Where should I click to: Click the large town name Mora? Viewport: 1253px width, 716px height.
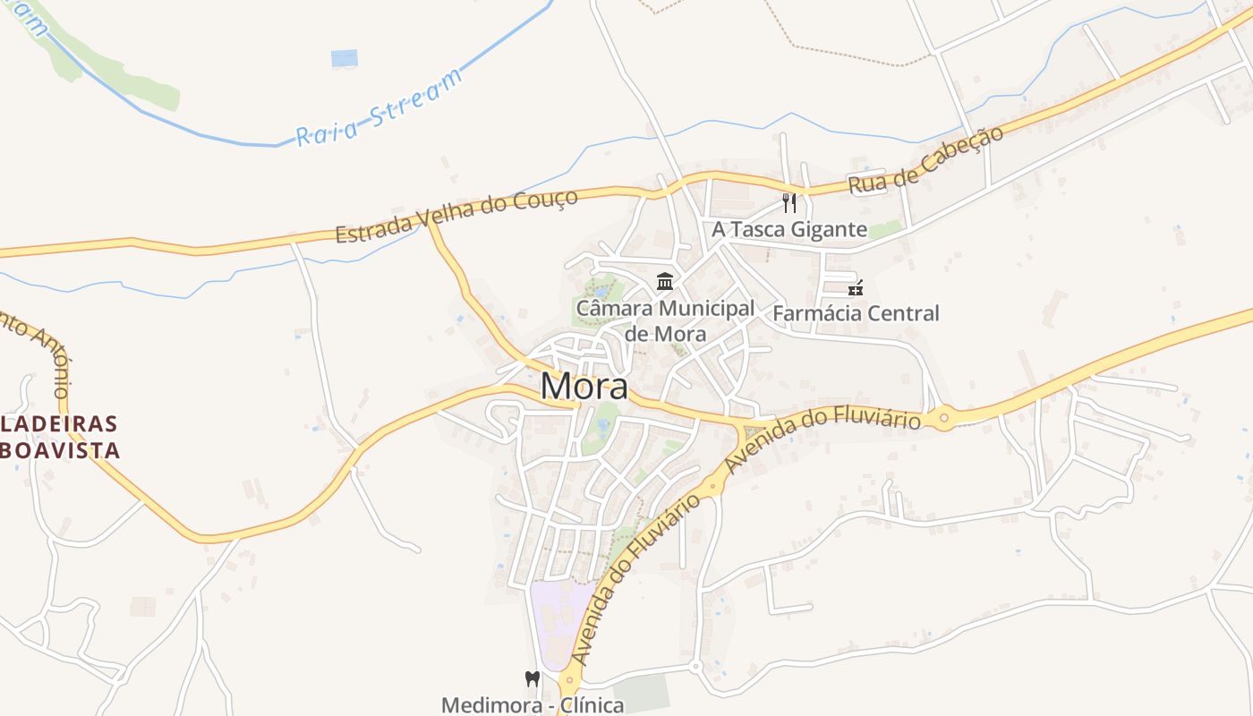coord(584,387)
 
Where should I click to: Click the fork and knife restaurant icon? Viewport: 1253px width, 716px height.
coord(788,202)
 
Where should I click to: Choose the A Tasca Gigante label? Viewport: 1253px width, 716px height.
coord(789,230)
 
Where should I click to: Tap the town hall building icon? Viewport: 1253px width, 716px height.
coord(665,282)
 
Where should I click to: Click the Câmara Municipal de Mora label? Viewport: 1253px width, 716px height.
coord(665,320)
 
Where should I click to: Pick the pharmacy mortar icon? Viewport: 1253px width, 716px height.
coord(856,287)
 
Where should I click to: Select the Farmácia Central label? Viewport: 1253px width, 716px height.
coord(856,313)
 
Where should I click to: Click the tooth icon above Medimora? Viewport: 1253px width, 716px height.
coord(533,679)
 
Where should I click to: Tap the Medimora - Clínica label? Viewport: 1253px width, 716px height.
coord(533,704)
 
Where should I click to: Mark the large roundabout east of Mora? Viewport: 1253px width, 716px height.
coord(943,418)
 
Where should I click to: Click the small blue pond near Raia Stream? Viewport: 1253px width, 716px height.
coord(345,59)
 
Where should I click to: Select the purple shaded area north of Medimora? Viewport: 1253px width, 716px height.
coord(560,618)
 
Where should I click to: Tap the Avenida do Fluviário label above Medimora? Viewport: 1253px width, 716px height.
coord(636,582)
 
